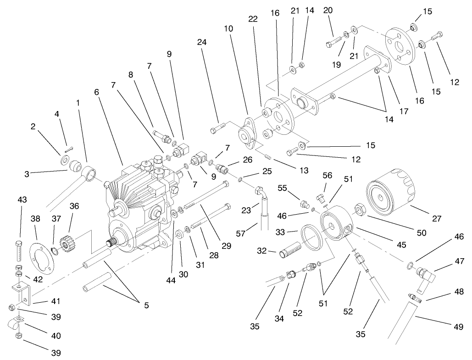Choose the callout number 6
coord(97,92)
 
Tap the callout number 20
coord(328,10)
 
